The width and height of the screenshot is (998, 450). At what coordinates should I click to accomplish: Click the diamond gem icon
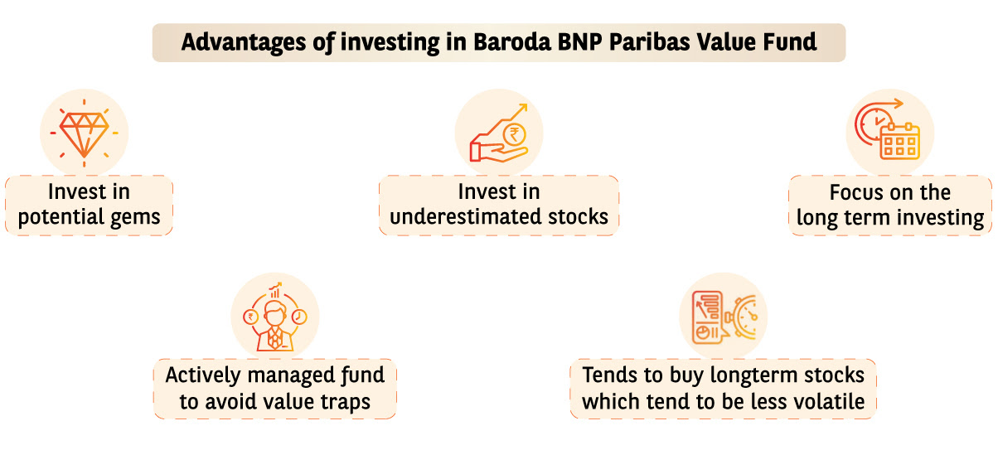point(85,134)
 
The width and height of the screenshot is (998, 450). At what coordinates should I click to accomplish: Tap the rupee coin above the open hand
point(514,134)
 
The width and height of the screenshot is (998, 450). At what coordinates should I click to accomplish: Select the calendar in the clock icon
point(900,141)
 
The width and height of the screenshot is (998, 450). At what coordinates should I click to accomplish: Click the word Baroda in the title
point(512,42)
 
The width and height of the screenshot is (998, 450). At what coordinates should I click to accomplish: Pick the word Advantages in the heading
point(244,43)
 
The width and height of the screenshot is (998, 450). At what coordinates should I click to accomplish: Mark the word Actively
point(203,375)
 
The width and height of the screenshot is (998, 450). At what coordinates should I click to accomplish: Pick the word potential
point(61,217)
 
